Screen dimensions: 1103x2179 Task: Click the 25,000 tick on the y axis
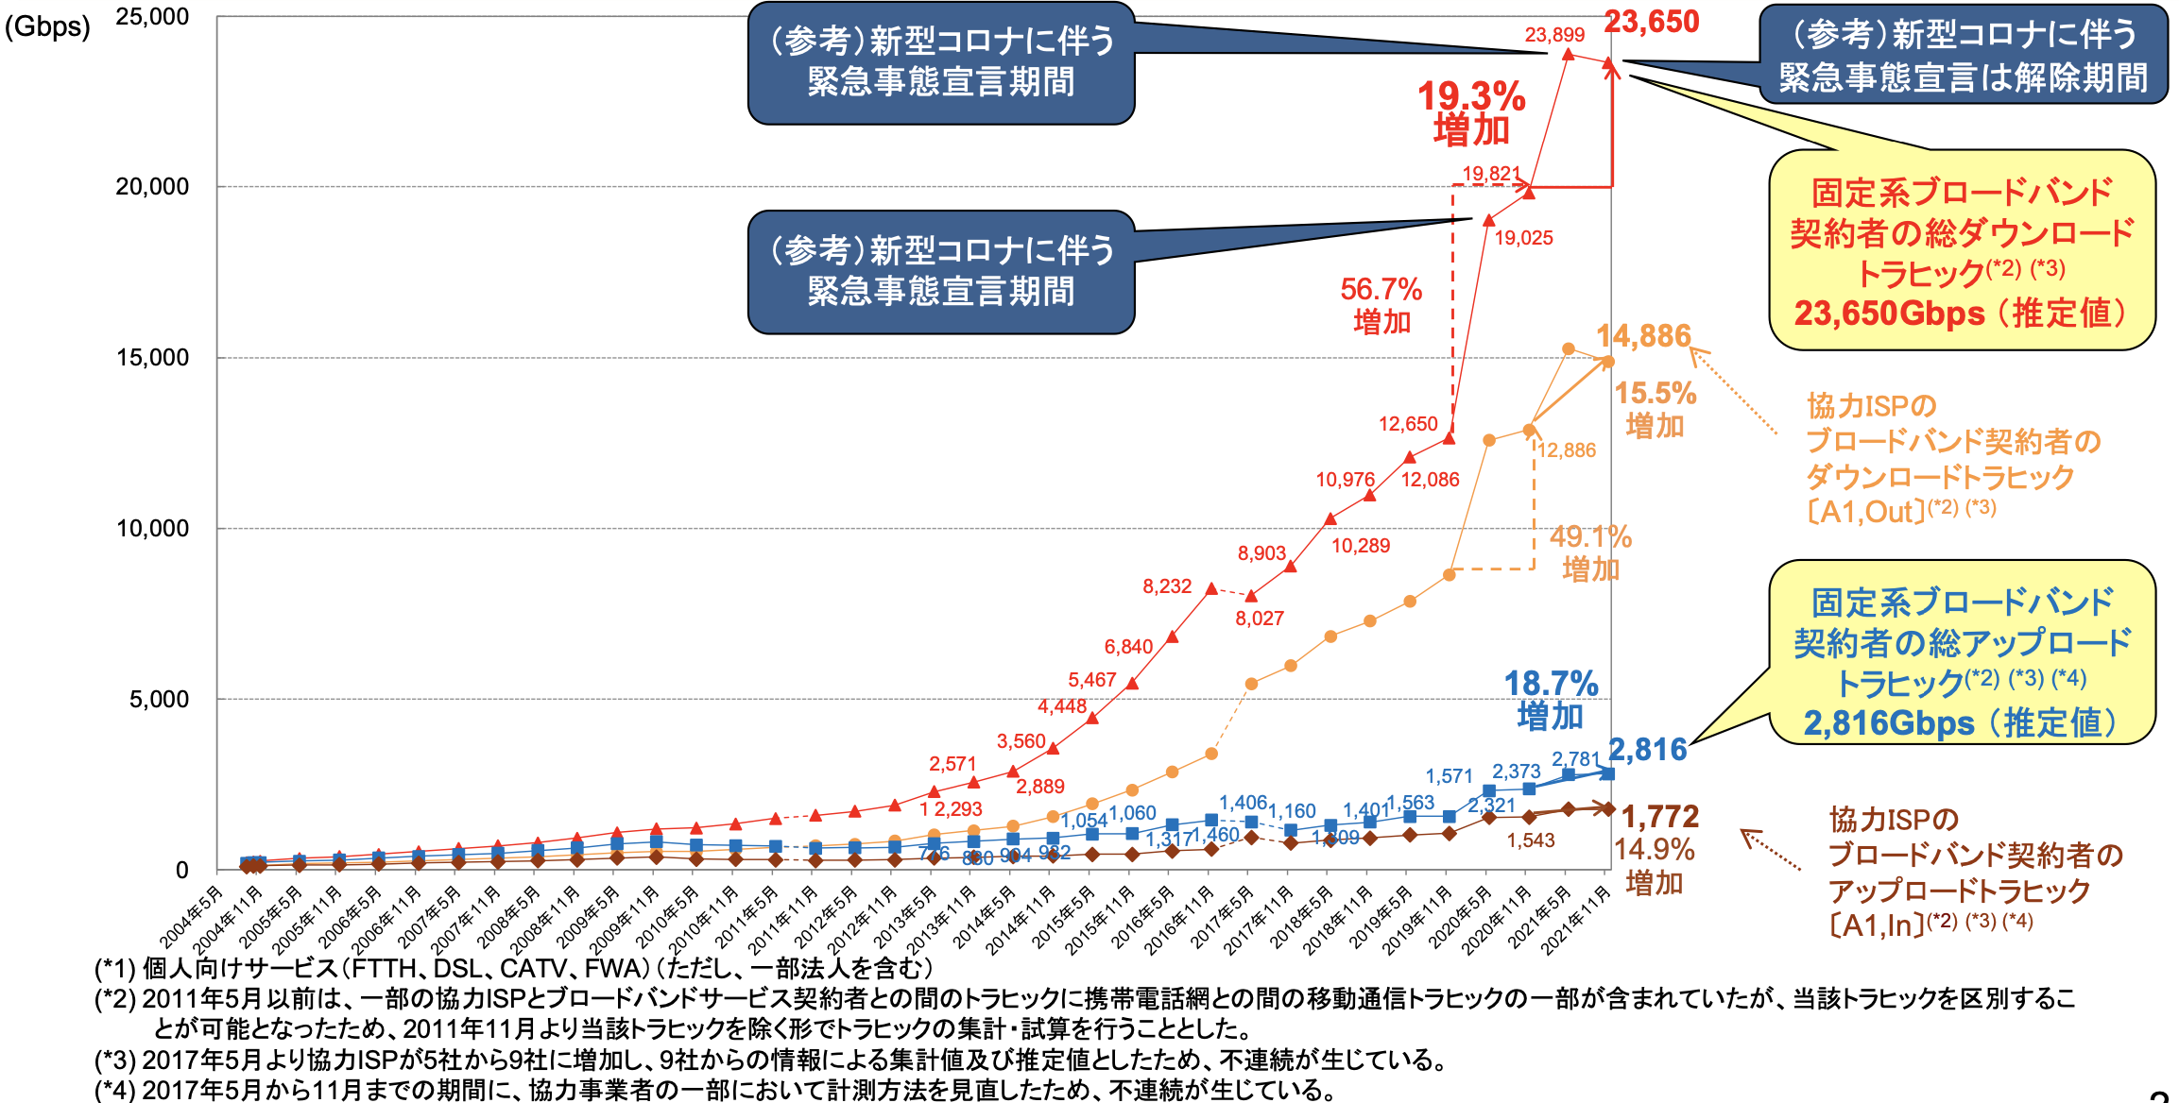pos(152,17)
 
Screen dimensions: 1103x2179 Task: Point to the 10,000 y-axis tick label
pos(152,529)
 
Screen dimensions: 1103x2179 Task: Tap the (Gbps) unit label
pos(47,26)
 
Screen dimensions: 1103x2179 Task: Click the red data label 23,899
pos(1554,35)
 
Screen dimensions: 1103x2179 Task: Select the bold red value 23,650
pos(1652,22)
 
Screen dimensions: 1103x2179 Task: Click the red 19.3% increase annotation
pos(1471,112)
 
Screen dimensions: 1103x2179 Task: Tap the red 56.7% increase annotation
pos(1381,304)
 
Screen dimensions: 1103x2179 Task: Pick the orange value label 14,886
pos(1643,336)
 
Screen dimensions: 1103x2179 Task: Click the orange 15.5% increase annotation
pos(1656,409)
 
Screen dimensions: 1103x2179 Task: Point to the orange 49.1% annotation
pos(1591,552)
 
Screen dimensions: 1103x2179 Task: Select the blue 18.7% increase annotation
pos(1551,699)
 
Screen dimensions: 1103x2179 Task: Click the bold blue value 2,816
pos(1648,750)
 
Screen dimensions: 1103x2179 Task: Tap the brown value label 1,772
pos(1660,817)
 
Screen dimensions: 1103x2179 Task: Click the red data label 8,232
pos(1167,586)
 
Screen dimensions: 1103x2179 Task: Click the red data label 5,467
pos(1092,680)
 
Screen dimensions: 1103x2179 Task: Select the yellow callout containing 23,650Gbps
pos(1962,251)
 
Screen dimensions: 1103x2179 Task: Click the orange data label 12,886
pos(1567,450)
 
